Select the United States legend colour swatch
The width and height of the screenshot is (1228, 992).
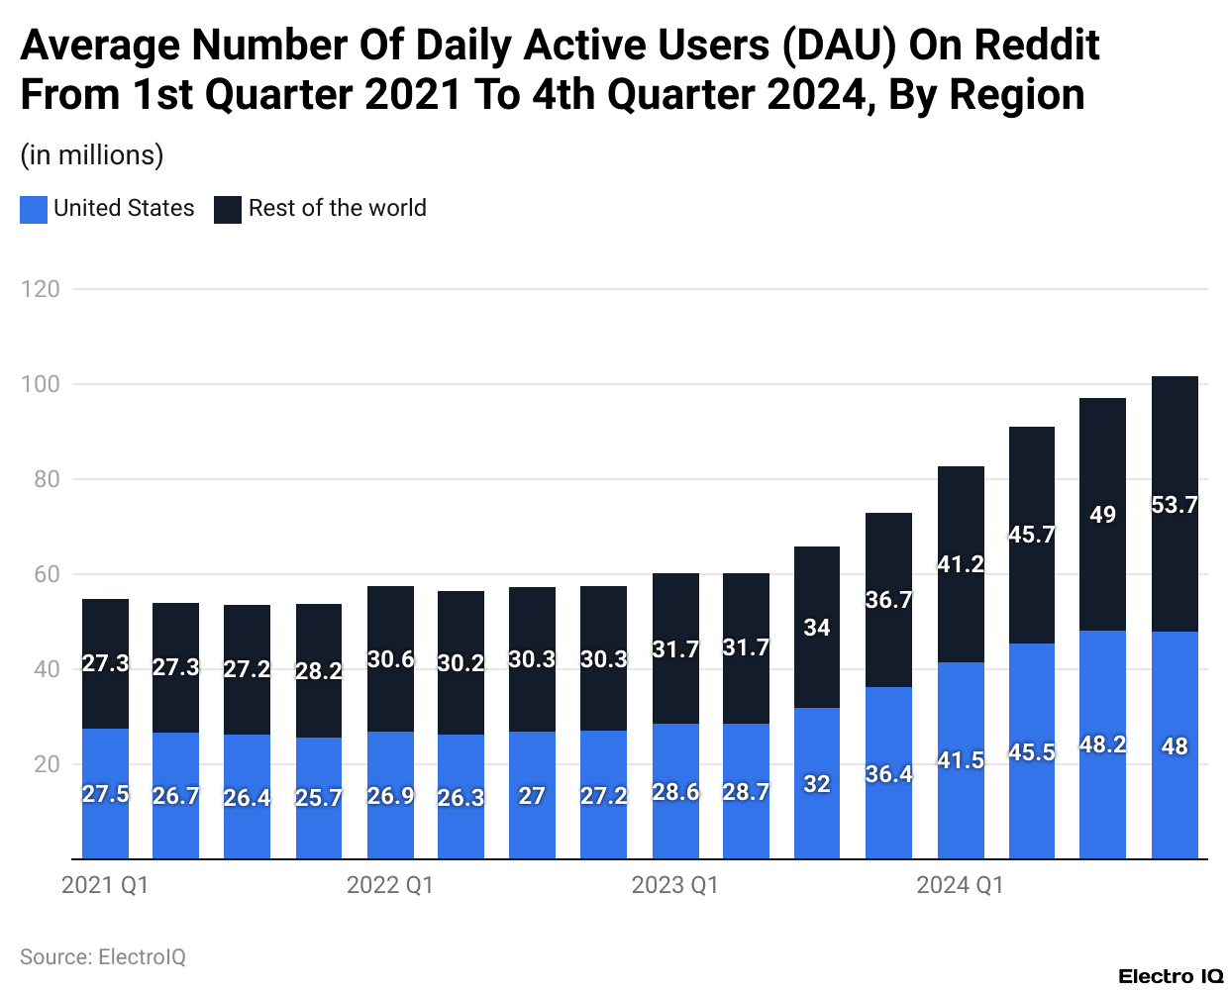point(34,209)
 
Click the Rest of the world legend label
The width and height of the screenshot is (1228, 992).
point(337,208)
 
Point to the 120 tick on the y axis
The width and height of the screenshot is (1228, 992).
point(41,289)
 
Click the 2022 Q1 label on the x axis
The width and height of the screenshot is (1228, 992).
point(390,885)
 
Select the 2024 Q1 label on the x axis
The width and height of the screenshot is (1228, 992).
point(960,885)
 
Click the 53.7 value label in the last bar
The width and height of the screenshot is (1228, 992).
point(1175,505)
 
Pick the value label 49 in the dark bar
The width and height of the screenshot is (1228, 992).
point(1102,515)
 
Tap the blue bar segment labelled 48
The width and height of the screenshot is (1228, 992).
point(1175,745)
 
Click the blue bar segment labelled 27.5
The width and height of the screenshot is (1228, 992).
point(105,794)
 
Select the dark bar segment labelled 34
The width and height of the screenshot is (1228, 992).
point(817,628)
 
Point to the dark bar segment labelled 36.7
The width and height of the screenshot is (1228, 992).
point(888,600)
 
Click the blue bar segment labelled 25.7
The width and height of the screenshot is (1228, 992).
point(319,798)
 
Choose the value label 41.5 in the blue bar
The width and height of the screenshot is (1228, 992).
point(961,760)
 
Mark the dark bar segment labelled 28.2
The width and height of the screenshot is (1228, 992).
point(319,670)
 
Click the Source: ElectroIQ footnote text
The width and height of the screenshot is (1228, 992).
point(103,957)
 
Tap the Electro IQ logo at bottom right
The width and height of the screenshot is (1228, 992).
point(1171,976)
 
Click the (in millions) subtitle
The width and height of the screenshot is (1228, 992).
point(92,155)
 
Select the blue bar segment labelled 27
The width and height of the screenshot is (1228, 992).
point(532,796)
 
